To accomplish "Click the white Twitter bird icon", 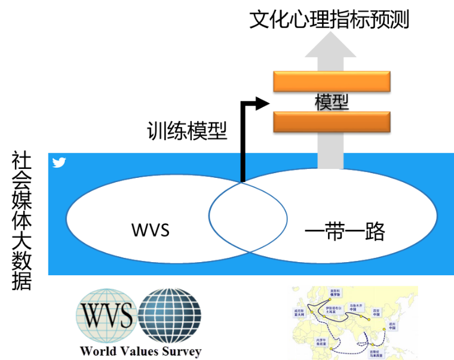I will click(x=59, y=162).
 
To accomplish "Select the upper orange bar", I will click(x=332, y=81).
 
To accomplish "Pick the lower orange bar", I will click(x=332, y=121).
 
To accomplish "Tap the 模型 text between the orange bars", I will click(x=332, y=101).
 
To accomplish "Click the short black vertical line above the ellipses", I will click(x=243, y=167).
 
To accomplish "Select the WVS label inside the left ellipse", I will click(x=150, y=229).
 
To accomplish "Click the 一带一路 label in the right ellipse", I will click(x=345, y=230).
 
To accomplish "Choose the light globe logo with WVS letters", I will click(x=105, y=315).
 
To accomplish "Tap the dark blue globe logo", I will click(x=170, y=315).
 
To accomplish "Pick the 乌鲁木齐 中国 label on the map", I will click(x=357, y=307).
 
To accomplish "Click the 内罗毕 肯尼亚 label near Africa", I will click(x=321, y=342).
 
